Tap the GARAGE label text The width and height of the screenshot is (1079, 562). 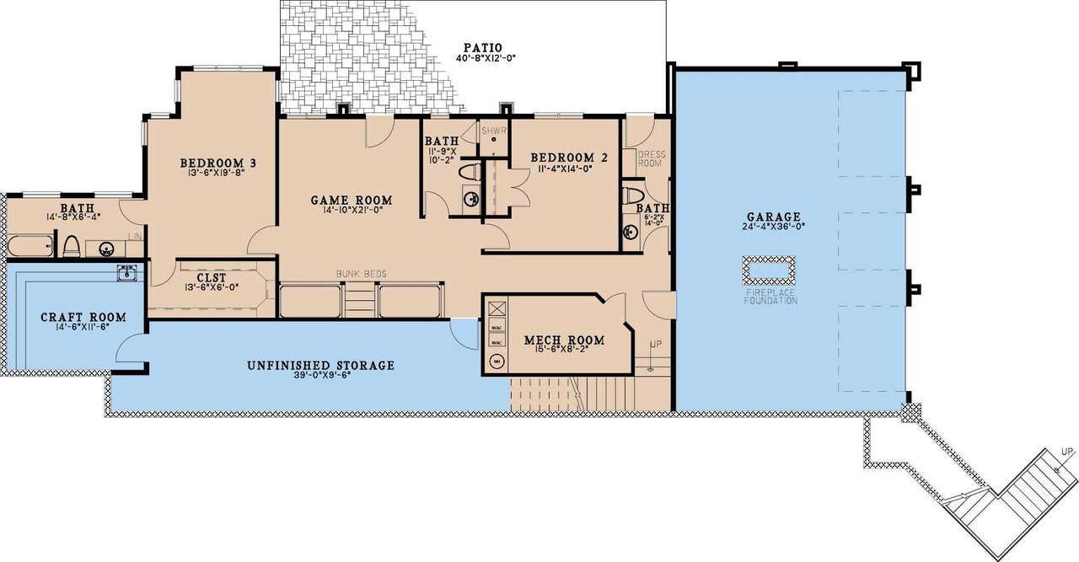pos(766,217)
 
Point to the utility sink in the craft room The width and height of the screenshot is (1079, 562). pos(127,272)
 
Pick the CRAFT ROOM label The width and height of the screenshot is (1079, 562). pos(83,317)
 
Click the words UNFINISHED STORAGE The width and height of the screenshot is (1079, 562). pos(320,366)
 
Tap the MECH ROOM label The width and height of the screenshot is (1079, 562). pos(564,340)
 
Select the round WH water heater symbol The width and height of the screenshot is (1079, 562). pos(497,361)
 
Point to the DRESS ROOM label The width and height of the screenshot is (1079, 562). pos(652,159)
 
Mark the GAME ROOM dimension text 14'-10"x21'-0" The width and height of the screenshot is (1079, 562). pos(352,211)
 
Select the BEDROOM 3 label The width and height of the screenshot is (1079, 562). pos(217,163)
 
